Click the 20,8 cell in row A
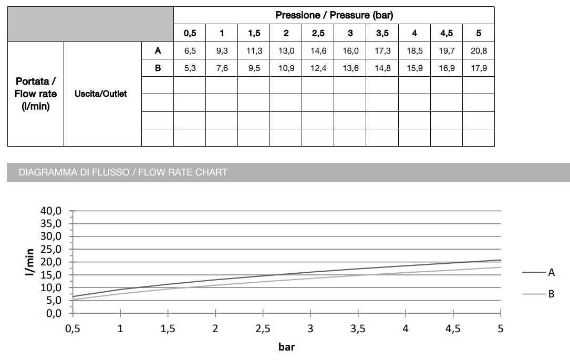478,51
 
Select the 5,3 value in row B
190,68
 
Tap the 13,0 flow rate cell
286,51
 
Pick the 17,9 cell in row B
478,68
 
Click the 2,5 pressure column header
318,33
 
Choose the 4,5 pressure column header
447,33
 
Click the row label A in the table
158,51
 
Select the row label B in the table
158,68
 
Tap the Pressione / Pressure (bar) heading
334,15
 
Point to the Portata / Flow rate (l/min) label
36,94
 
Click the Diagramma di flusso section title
123,172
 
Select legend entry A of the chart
551,272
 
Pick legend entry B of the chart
551,294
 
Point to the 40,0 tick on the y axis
51,211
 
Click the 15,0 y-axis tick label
51,275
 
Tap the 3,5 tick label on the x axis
358,328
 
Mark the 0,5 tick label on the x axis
72,328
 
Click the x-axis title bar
286,347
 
